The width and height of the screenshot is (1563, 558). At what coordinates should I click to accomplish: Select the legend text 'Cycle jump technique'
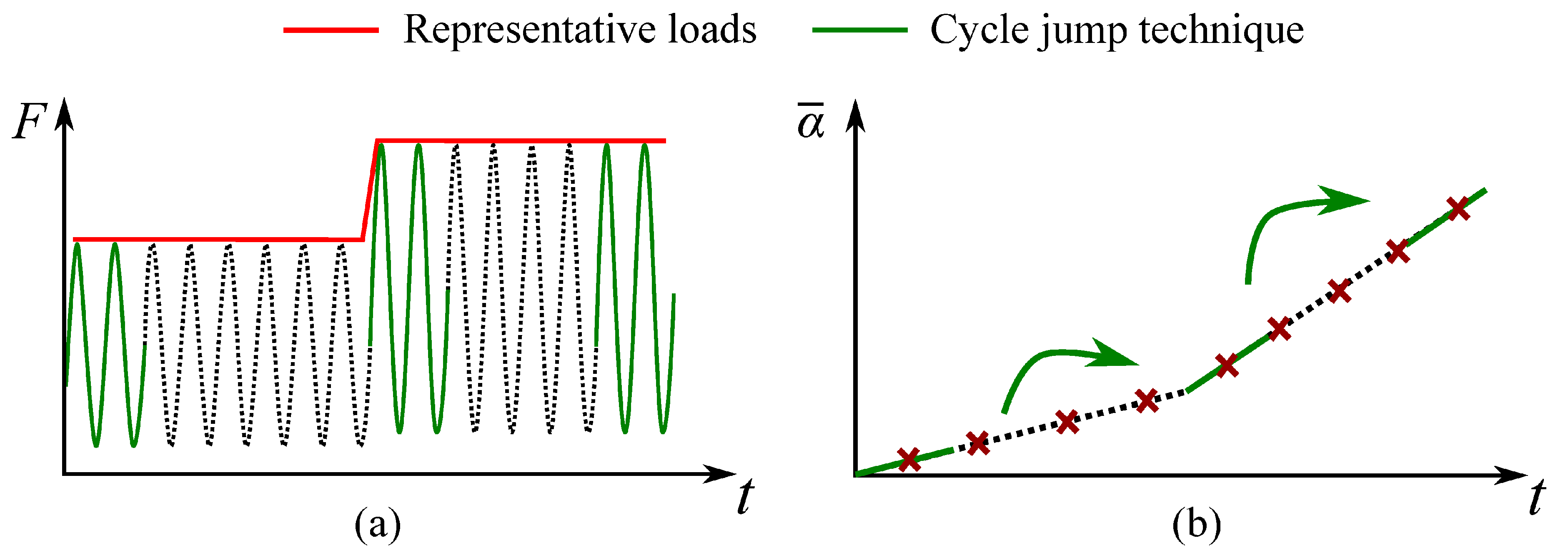pyautogui.click(x=1117, y=30)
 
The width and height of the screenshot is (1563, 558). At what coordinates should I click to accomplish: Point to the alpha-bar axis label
pyautogui.click(x=811, y=121)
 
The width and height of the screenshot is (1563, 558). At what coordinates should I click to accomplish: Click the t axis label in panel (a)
pyautogui.click(x=745, y=496)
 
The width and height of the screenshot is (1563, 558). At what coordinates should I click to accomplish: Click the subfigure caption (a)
pyautogui.click(x=377, y=523)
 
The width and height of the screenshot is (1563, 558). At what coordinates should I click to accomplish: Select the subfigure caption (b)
pyautogui.click(x=1197, y=523)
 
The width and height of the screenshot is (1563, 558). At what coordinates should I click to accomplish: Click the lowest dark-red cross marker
pyautogui.click(x=908, y=460)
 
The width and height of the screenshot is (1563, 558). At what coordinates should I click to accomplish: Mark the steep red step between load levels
pyautogui.click(x=370, y=190)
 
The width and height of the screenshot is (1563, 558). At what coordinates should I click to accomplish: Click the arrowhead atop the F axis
pyautogui.click(x=64, y=115)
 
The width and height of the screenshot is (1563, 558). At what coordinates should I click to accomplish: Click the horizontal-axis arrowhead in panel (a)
pyautogui.click(x=721, y=474)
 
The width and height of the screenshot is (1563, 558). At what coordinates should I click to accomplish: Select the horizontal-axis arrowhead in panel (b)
pyautogui.click(x=1511, y=475)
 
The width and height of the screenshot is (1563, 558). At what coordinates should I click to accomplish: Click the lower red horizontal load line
pyautogui.click(x=218, y=240)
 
